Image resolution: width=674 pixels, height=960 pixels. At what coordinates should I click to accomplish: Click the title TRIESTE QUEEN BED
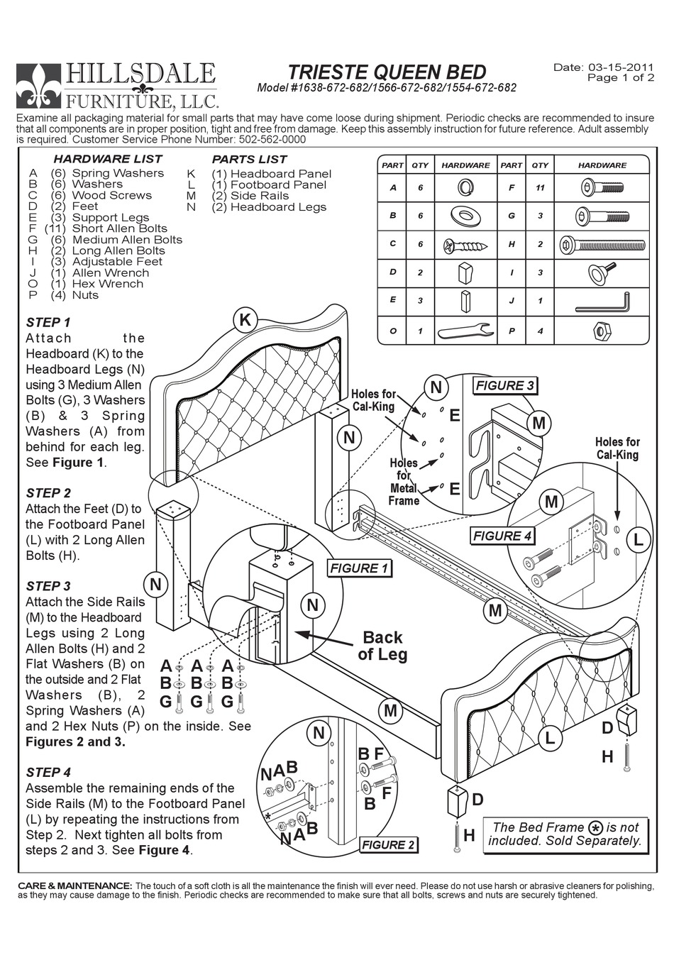387,72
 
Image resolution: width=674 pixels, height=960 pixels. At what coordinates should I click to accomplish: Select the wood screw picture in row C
466,245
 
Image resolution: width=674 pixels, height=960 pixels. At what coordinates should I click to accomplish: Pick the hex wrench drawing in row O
465,331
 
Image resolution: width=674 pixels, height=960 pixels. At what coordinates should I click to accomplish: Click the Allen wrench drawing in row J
602,302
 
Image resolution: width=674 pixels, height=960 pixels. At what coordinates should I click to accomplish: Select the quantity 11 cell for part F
540,188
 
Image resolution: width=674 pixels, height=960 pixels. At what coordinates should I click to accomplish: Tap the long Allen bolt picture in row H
602,245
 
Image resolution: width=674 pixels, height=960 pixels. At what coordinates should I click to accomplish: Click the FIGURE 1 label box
359,568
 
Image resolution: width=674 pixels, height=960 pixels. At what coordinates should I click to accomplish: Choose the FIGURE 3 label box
504,386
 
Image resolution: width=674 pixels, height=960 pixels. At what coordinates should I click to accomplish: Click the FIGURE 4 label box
502,536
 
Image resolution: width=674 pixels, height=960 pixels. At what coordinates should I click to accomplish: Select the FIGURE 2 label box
388,844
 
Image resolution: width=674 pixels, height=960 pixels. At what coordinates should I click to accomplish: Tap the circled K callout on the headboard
245,320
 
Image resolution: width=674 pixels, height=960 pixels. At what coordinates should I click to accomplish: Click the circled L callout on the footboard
549,737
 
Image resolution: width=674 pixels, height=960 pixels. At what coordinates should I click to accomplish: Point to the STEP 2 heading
48,492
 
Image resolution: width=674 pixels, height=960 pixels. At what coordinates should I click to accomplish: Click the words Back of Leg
382,646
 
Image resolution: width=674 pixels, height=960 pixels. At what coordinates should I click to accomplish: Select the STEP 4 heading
48,772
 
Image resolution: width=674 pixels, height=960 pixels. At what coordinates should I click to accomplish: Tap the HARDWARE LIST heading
108,159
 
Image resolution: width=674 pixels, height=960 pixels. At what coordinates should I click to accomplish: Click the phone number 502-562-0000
265,140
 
